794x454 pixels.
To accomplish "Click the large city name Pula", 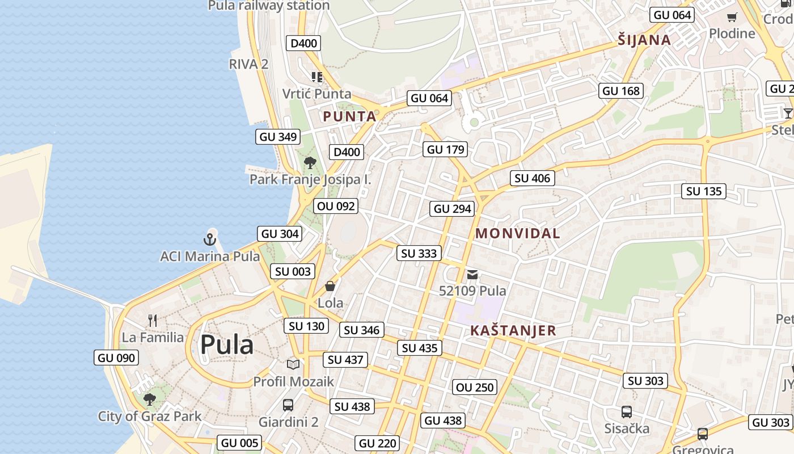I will (x=226, y=344).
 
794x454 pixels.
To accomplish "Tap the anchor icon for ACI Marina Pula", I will (x=210, y=239).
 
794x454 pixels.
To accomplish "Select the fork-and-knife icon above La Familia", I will (x=152, y=321).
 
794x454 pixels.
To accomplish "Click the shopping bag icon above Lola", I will (x=330, y=286).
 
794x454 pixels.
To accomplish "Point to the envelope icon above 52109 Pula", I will (x=472, y=275).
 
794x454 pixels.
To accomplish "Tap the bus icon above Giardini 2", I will (x=288, y=405).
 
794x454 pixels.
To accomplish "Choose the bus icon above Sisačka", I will (x=626, y=412).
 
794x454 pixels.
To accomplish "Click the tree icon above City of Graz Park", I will (x=149, y=400).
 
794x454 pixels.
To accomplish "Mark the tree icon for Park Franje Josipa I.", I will (x=310, y=163).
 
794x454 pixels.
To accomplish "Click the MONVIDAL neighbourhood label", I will (x=517, y=233).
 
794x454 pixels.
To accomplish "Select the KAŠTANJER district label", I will (x=513, y=331).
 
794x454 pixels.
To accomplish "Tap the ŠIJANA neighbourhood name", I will (x=644, y=40).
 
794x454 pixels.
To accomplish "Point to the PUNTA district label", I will (x=349, y=117).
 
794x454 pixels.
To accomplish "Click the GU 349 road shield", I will (x=278, y=137).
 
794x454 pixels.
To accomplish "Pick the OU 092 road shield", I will (x=336, y=206).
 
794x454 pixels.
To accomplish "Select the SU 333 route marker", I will (x=419, y=254).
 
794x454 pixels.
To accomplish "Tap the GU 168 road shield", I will (x=621, y=91).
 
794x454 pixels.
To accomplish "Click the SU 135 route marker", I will (x=704, y=191).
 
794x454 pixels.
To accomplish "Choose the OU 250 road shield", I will (x=475, y=388).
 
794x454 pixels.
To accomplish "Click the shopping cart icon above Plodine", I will (x=732, y=17).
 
